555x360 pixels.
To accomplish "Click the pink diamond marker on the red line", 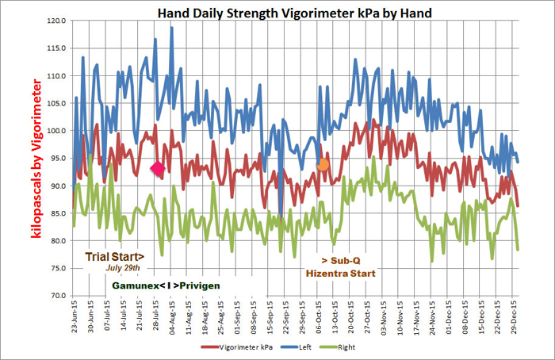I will pos(158,168).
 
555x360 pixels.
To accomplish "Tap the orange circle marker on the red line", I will pos(323,165).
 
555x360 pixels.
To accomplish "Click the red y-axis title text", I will pos(36,158).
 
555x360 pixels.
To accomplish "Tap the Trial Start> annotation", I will pos(115,256).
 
